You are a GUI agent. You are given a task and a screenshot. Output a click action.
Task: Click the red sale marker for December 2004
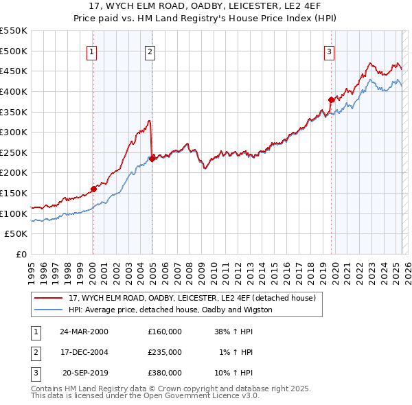tap(152, 159)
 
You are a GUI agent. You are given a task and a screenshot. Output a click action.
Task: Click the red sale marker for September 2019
tap(331, 100)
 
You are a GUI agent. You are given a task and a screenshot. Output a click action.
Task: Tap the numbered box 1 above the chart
tap(92, 51)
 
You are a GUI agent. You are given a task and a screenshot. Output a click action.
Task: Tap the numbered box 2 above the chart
tap(150, 51)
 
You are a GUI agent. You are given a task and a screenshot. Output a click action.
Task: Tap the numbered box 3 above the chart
tap(329, 51)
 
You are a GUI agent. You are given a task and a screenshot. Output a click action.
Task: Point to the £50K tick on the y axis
tap(16, 234)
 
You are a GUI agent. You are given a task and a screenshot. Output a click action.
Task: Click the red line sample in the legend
tap(48, 299)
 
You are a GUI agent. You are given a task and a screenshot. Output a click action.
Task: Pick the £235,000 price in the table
tap(165, 352)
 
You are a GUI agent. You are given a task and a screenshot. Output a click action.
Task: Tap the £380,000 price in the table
tap(165, 373)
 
